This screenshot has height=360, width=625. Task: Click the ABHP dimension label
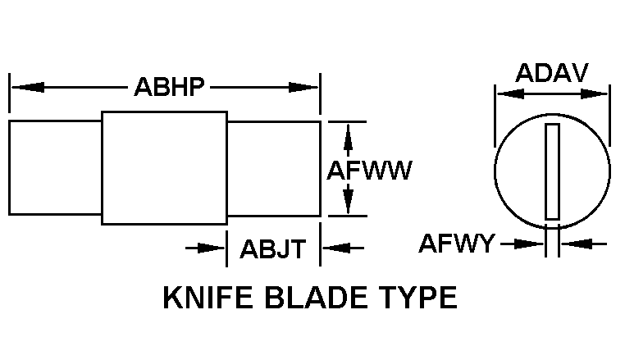point(169,87)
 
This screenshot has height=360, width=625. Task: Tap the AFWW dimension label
point(369,171)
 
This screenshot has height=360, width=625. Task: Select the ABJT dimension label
point(272,248)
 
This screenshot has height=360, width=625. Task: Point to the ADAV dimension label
point(552,73)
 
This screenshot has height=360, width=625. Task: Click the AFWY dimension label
point(456,244)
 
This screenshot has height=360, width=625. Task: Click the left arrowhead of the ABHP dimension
point(28,87)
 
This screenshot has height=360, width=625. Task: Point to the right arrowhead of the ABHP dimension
point(303,87)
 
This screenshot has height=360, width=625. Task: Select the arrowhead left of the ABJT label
point(212,248)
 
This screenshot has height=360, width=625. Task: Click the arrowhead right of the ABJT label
point(336,248)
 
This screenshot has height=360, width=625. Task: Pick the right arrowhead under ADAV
point(594,94)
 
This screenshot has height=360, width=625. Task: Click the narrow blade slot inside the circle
point(553,171)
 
